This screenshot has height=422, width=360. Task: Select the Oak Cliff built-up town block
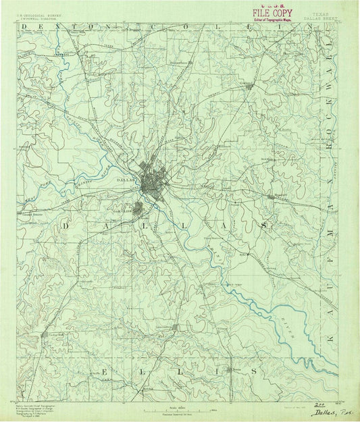(x=138, y=209)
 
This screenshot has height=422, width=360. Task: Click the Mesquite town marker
(x=272, y=196)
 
